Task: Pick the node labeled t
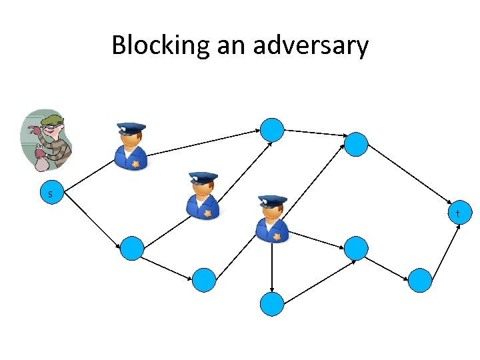tap(458, 214)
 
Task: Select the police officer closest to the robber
tap(131, 145)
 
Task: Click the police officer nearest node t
tap(272, 218)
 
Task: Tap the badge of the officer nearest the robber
tap(137, 163)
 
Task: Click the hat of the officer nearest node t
tap(272, 200)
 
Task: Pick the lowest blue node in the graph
tap(272, 304)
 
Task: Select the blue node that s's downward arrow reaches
tap(132, 249)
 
